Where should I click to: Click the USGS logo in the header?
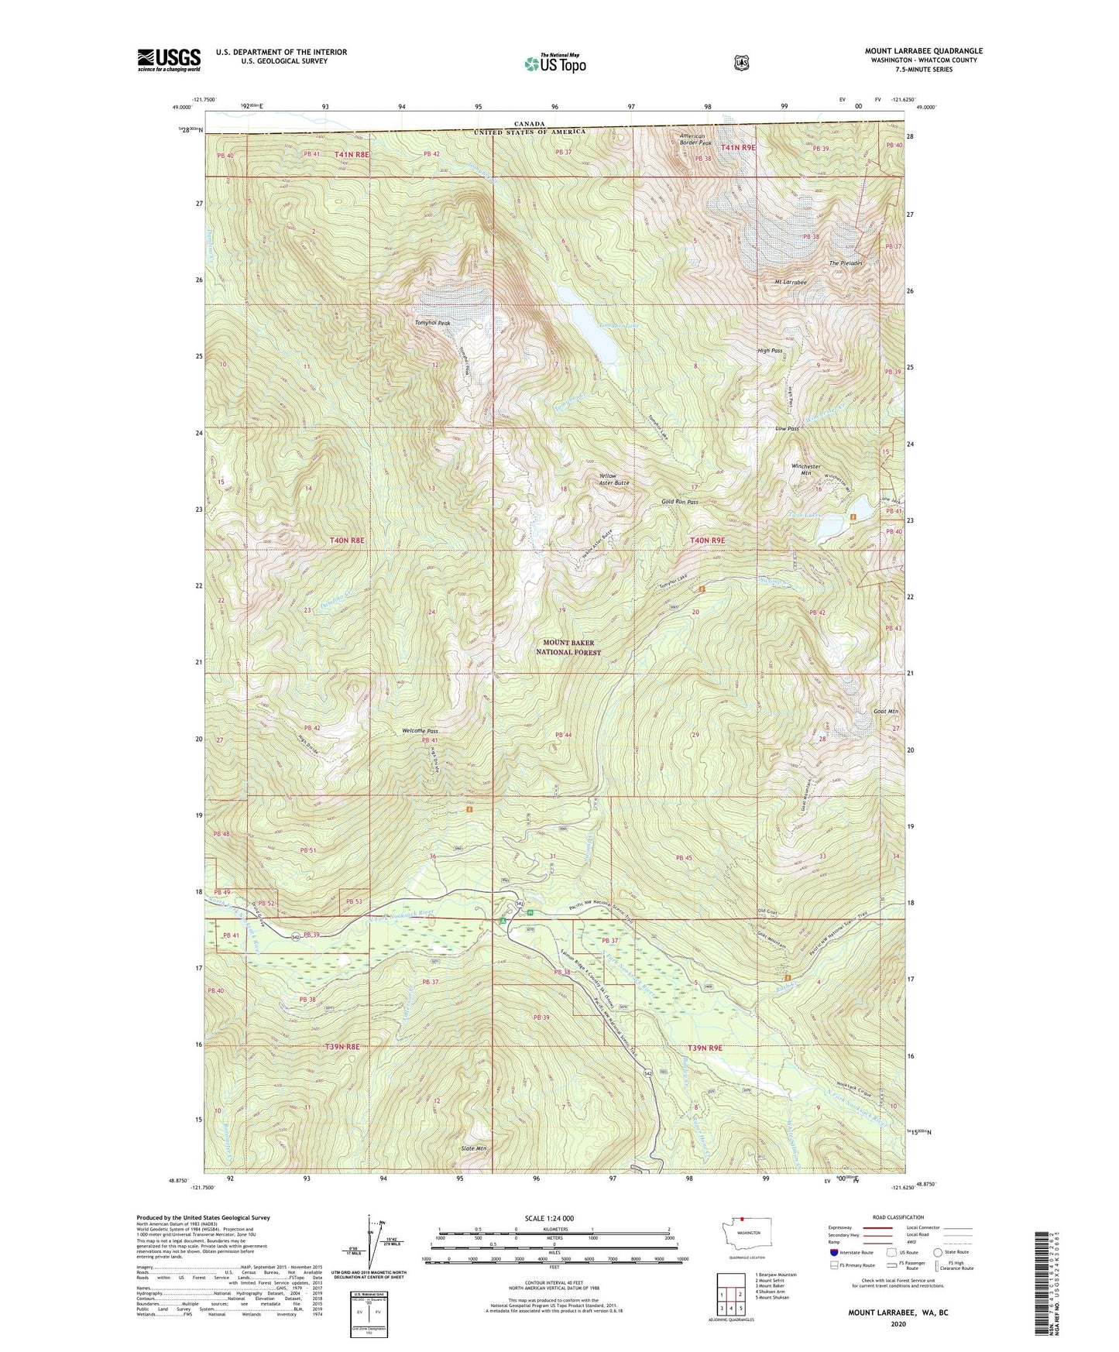pos(169,59)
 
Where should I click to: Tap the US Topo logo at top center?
pos(554,63)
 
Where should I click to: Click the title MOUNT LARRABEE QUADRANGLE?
pos(923,51)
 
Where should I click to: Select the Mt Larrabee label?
pos(791,282)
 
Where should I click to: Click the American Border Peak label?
pos(695,139)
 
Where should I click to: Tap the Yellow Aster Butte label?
pos(614,479)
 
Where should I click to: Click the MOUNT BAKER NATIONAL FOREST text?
pos(572,647)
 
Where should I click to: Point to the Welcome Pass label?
pos(420,731)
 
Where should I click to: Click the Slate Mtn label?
pos(473,1148)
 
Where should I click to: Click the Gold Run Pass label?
pos(680,502)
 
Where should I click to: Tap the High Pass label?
pos(770,351)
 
